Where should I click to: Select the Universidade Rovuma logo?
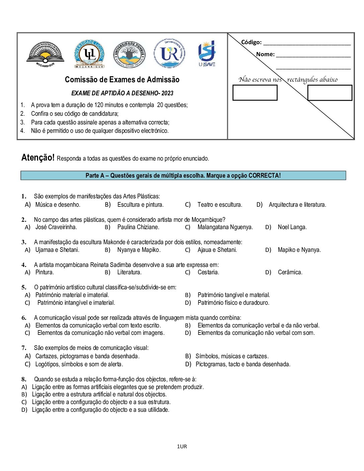point(169,54)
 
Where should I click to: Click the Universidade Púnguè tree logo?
point(129,54)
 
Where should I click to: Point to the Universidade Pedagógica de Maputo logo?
point(45,55)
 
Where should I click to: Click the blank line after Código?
point(307,43)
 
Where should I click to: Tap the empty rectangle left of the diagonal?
point(255,93)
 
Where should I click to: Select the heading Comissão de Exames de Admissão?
point(122,80)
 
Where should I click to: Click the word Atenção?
point(38,158)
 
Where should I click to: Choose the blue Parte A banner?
point(183,176)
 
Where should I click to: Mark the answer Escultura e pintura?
point(140,205)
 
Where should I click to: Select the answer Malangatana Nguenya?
point(225,227)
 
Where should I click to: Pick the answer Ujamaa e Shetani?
point(57,250)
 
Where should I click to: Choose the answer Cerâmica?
point(290,272)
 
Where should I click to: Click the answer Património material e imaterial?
point(72,295)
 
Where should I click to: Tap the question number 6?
point(24,318)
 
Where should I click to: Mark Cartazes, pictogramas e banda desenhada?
point(87,356)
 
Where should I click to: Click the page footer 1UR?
point(182,446)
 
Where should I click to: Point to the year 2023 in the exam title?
point(167,93)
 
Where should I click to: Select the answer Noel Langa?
point(292,227)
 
